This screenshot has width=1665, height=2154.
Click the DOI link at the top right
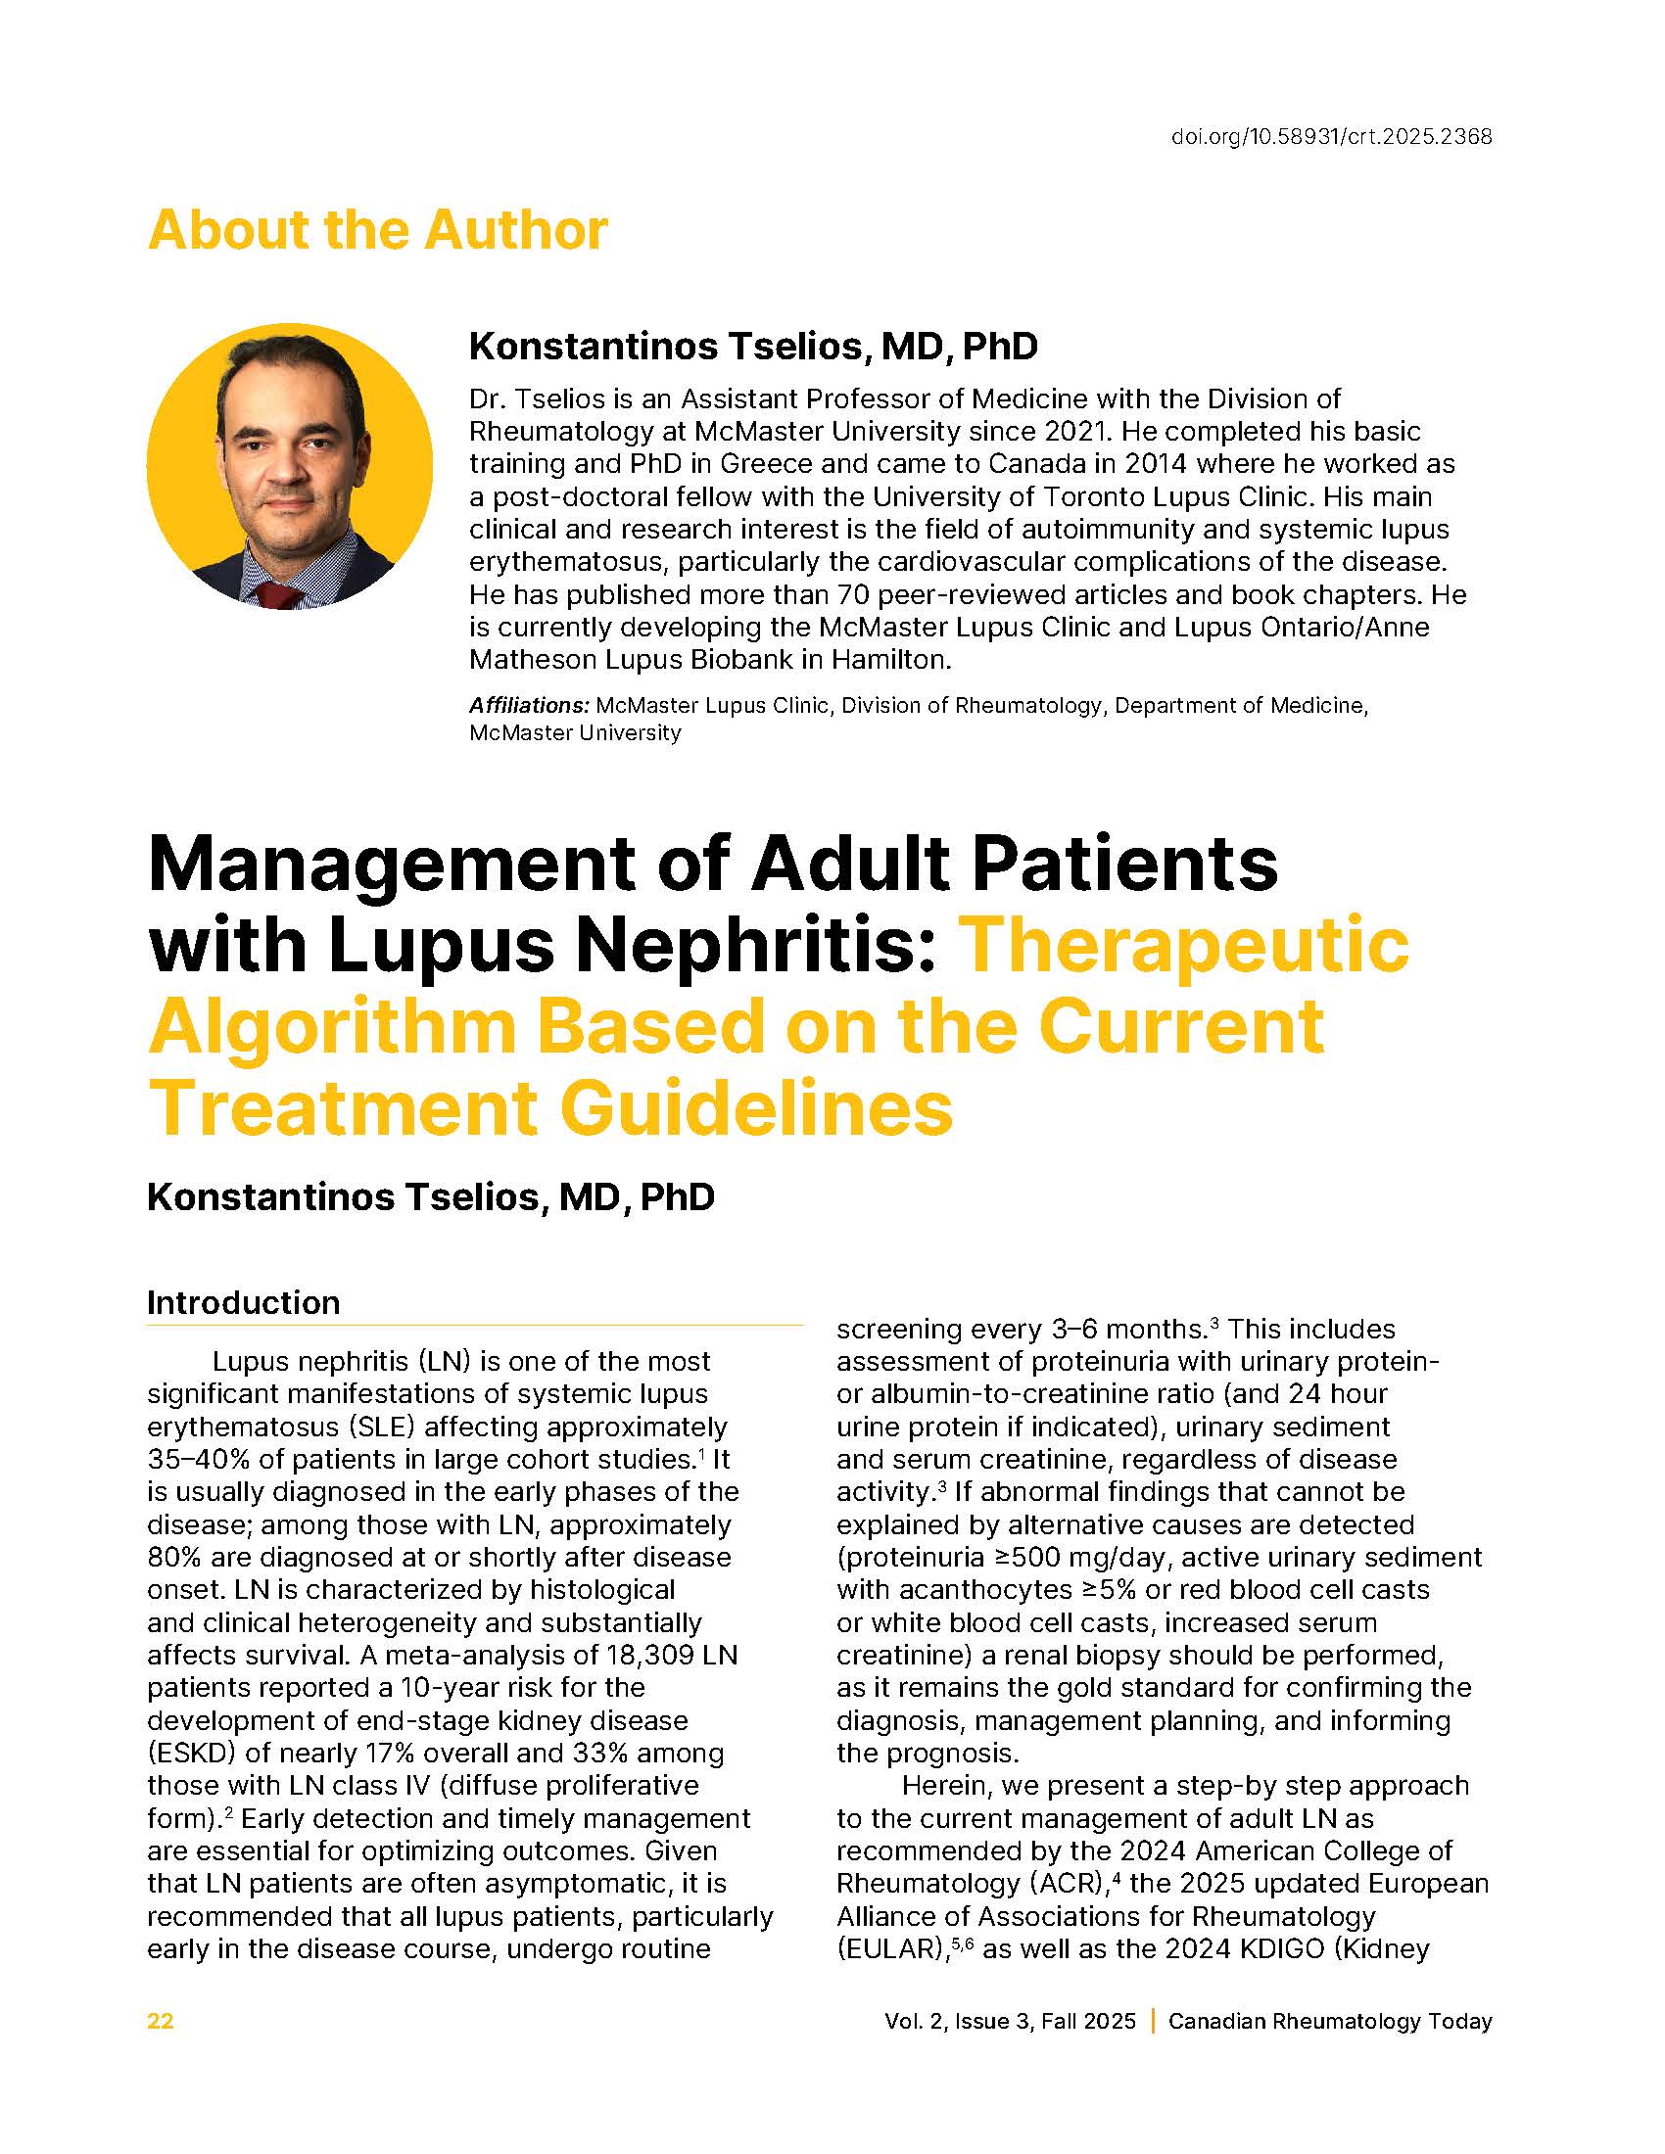point(1331,137)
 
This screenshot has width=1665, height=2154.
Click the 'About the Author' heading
point(377,231)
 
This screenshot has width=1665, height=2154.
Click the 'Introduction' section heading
point(243,1303)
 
